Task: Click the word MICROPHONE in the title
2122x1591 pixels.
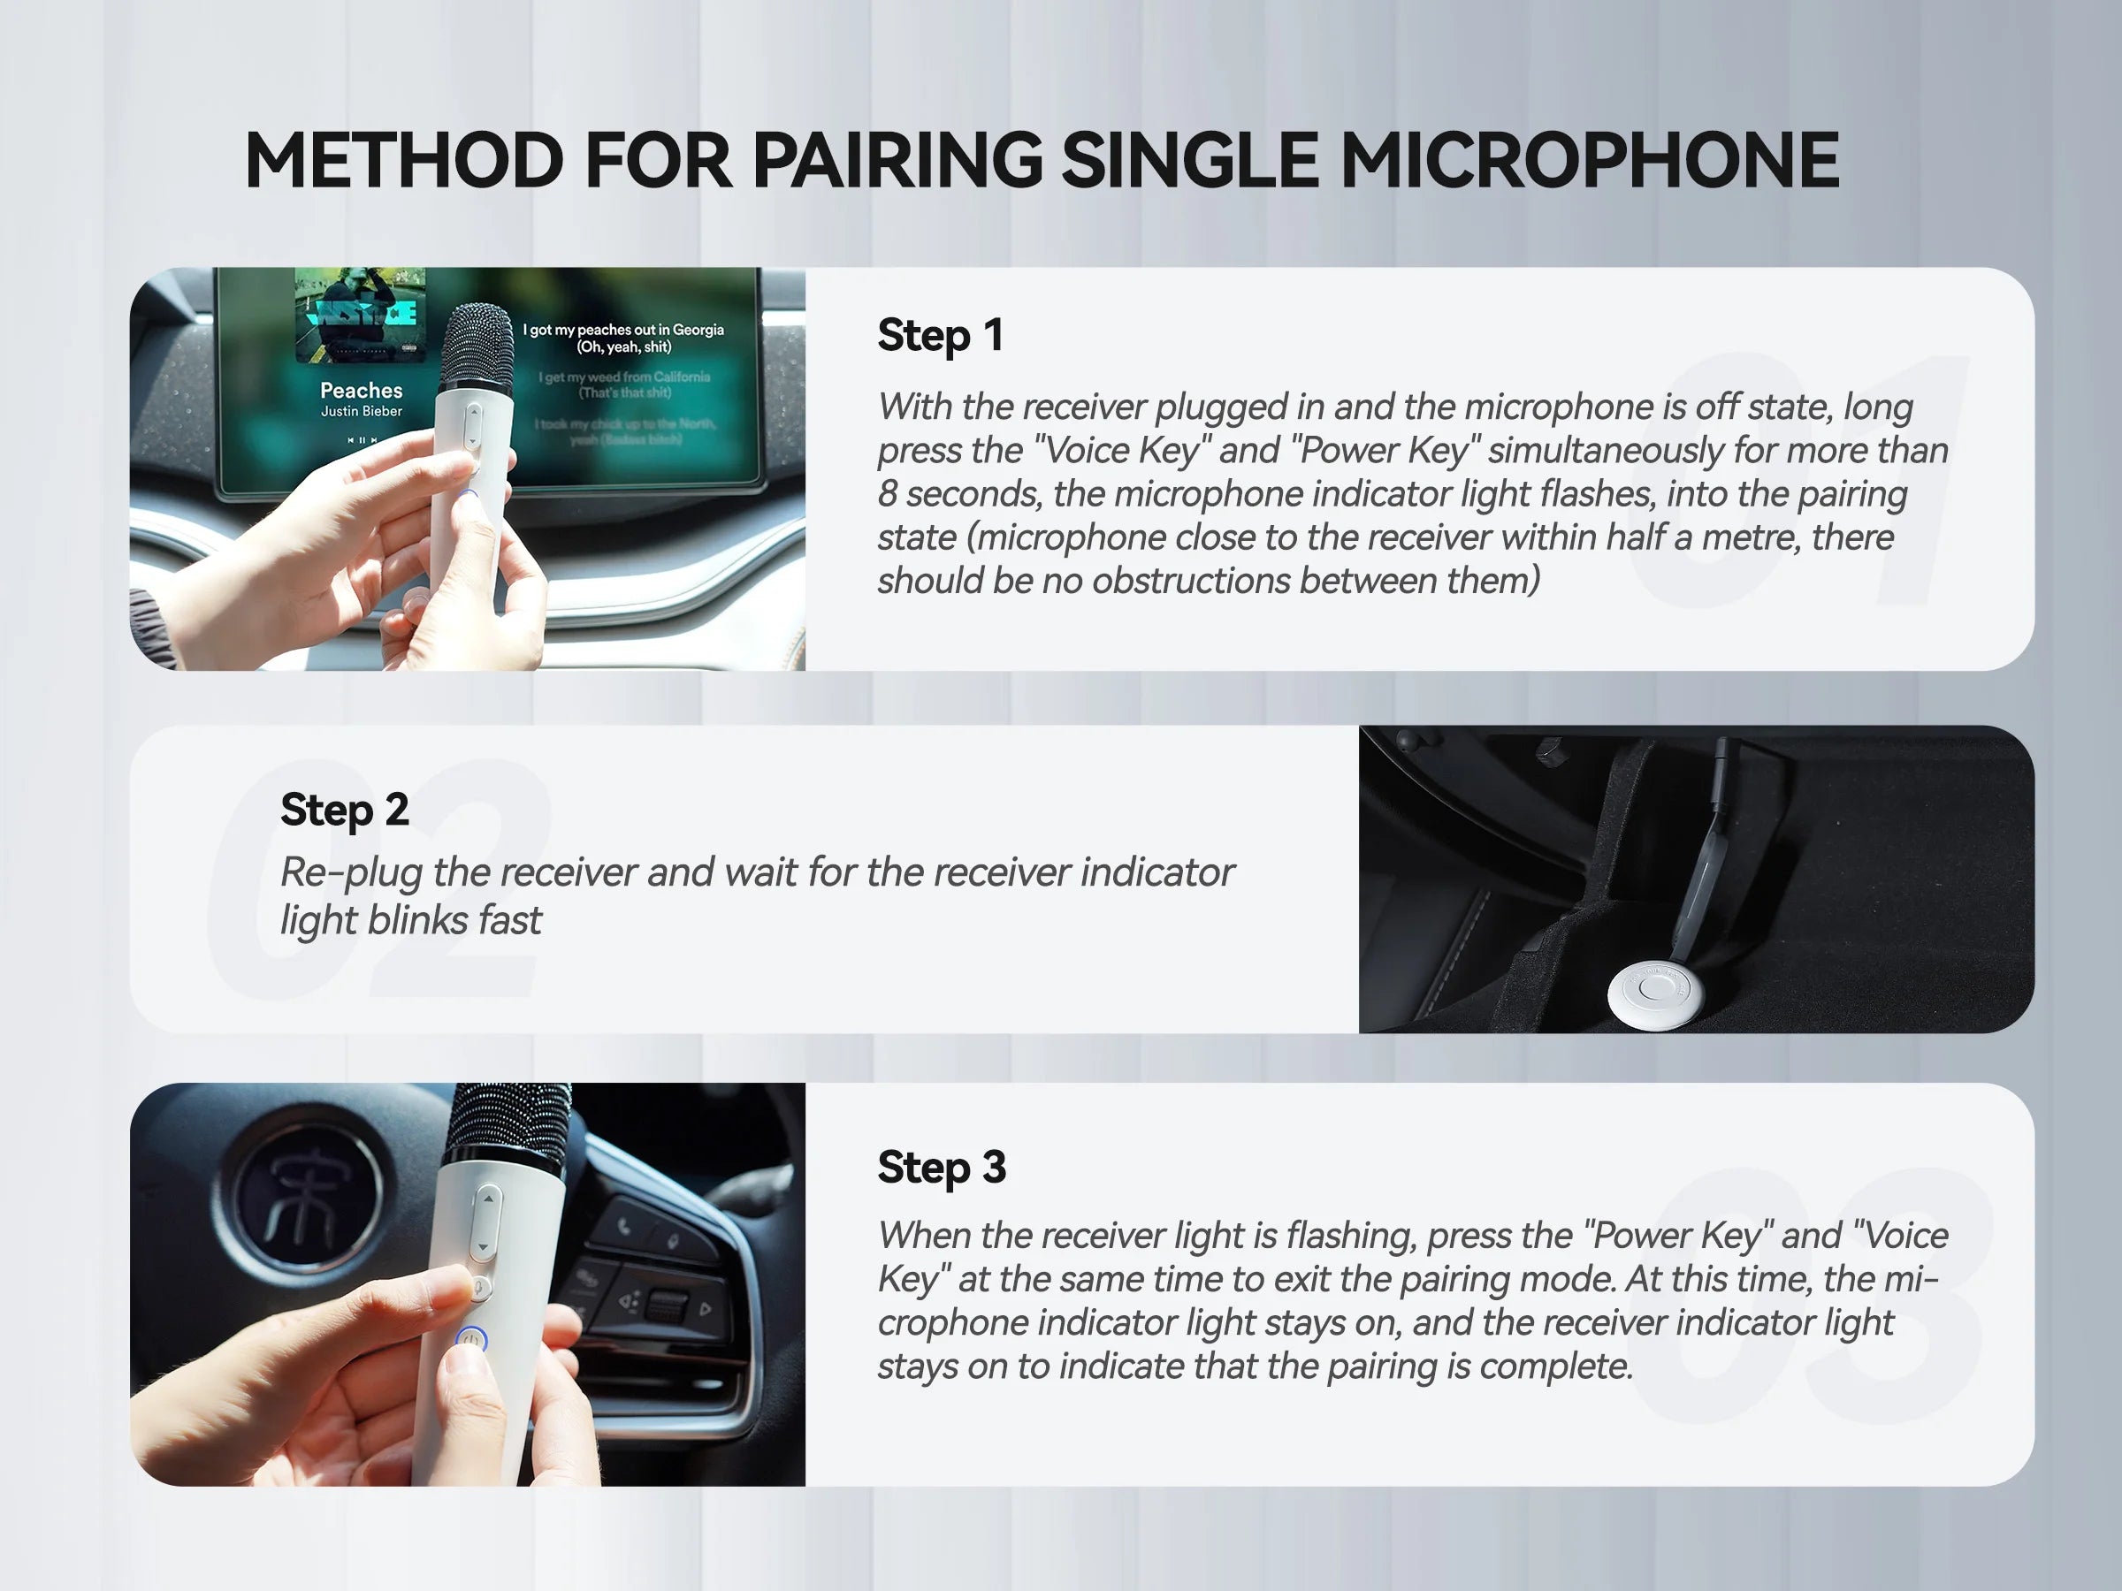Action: click(x=1590, y=160)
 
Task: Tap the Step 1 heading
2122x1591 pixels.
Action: click(x=940, y=336)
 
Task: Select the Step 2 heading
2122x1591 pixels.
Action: click(x=345, y=811)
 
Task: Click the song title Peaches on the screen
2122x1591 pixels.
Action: click(x=361, y=391)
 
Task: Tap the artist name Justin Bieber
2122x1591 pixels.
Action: click(x=361, y=411)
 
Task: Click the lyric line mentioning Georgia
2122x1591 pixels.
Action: click(x=622, y=330)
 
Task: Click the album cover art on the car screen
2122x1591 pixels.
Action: click(x=360, y=315)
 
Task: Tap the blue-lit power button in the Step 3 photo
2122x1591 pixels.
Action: click(x=471, y=1338)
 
